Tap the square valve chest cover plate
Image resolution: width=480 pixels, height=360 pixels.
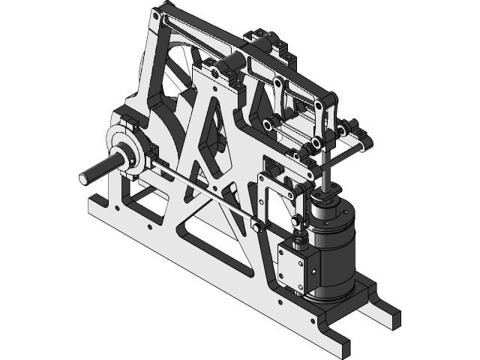point(293,267)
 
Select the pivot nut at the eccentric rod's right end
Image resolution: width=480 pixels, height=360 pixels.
point(256,226)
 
